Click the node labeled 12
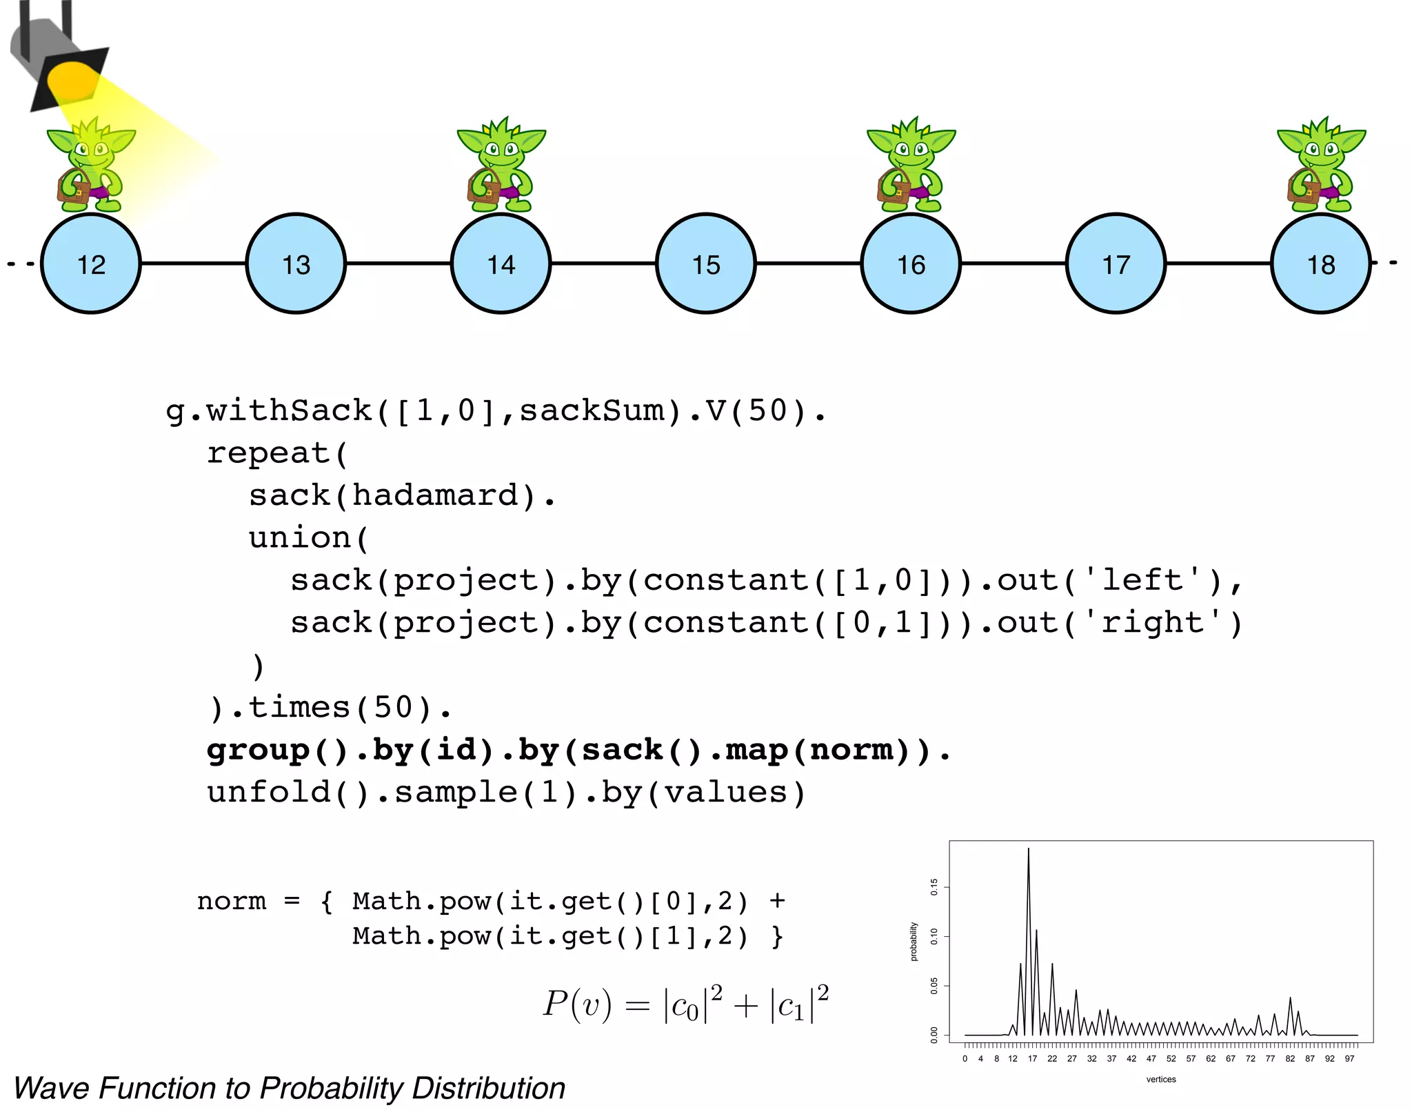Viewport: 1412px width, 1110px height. [91, 264]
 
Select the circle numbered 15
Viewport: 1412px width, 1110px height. [706, 264]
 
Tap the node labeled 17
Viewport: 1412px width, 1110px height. [1116, 264]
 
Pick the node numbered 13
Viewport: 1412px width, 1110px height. [296, 264]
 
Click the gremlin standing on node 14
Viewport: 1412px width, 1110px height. [501, 166]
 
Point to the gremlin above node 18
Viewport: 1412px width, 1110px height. [1320, 166]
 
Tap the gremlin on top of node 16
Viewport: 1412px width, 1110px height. [910, 166]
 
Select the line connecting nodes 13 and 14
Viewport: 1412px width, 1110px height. [398, 263]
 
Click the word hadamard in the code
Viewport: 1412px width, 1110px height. [436, 495]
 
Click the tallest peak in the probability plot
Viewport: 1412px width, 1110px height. [1028, 850]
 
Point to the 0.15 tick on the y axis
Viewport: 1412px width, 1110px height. [934, 886]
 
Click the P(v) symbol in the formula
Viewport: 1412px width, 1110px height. [577, 1004]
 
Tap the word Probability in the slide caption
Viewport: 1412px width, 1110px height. [332, 1089]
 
